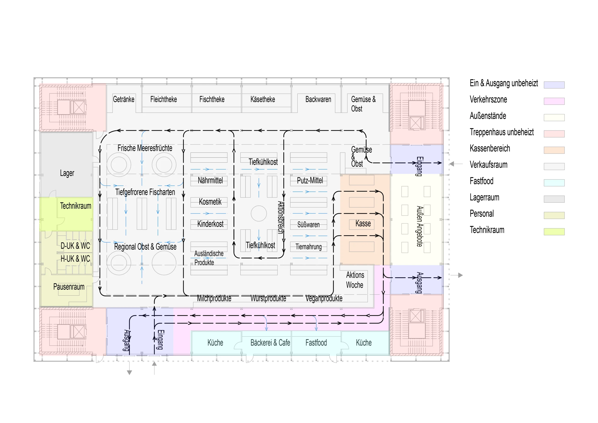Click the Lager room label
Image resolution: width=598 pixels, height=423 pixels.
67,173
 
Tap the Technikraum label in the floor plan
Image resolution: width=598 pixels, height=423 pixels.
75,206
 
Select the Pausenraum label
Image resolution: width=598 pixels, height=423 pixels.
69,287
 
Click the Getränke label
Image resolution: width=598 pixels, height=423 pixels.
124,99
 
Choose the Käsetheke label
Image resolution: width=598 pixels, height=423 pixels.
263,99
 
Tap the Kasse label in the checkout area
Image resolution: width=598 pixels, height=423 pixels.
363,224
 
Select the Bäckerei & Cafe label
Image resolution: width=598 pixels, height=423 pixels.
270,342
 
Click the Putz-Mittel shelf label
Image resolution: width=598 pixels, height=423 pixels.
310,180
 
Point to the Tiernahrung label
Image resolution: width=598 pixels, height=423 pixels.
308,247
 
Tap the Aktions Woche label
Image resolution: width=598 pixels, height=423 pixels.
355,280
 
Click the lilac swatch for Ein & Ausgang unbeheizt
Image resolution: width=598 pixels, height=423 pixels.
554,85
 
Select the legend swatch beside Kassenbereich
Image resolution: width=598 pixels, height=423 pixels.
554,150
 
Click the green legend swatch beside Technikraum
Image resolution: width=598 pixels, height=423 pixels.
554,232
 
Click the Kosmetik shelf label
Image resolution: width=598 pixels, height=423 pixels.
210,202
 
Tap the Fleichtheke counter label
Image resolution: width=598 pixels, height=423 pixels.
163,99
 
